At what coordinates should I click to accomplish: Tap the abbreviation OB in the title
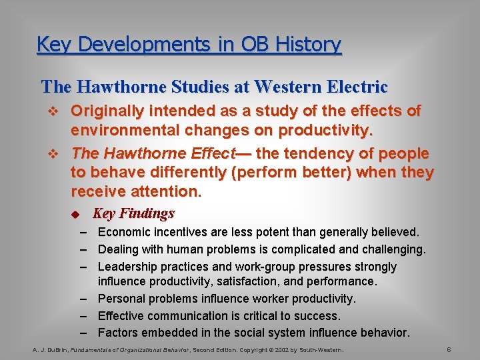click(x=250, y=45)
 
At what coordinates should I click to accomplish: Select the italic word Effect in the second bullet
click(x=211, y=153)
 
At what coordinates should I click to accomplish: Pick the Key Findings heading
click(x=133, y=213)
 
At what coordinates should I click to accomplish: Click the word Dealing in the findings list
click(x=117, y=249)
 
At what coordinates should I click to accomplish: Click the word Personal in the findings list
click(x=122, y=299)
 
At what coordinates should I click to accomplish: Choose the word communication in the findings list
click(x=181, y=315)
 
